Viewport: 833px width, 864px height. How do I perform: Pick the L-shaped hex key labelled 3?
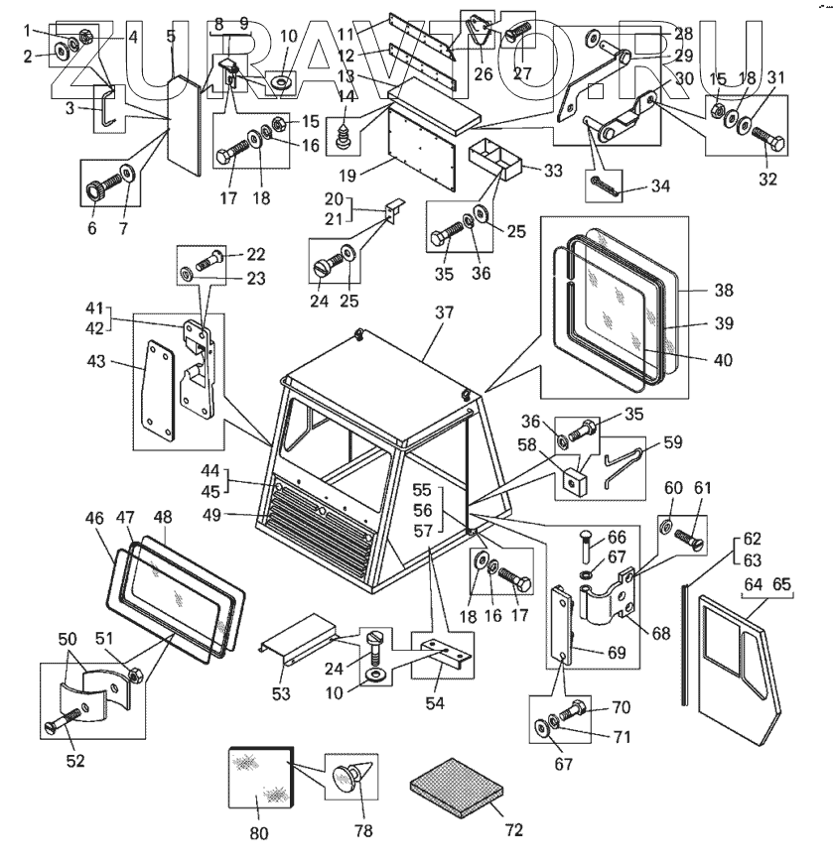(x=107, y=107)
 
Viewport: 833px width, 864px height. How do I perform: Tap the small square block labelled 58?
(x=573, y=481)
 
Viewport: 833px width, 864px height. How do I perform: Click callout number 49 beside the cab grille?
(x=239, y=514)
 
